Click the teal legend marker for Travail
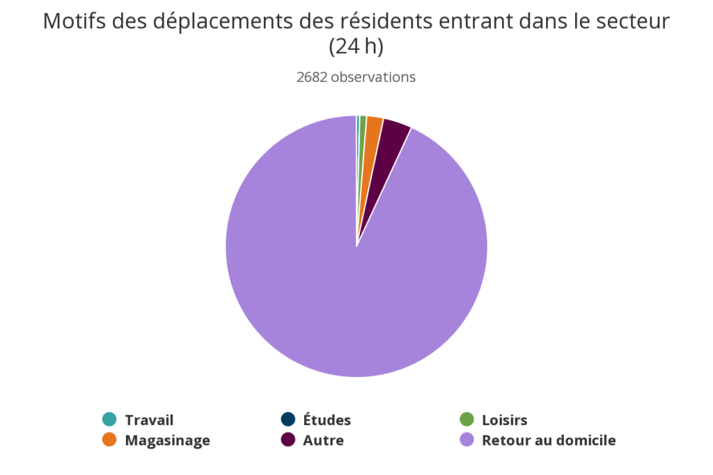109,419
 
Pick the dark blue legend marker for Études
288,419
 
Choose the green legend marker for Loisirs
467,419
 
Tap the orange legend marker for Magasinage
109,440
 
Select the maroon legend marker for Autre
288,440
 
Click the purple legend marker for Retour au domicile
467,440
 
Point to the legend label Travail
149,420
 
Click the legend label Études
327,420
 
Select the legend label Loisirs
504,420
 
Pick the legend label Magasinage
167,440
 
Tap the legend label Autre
323,440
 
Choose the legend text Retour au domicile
549,440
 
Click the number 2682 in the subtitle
311,77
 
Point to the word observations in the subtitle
373,77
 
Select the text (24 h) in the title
356,47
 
